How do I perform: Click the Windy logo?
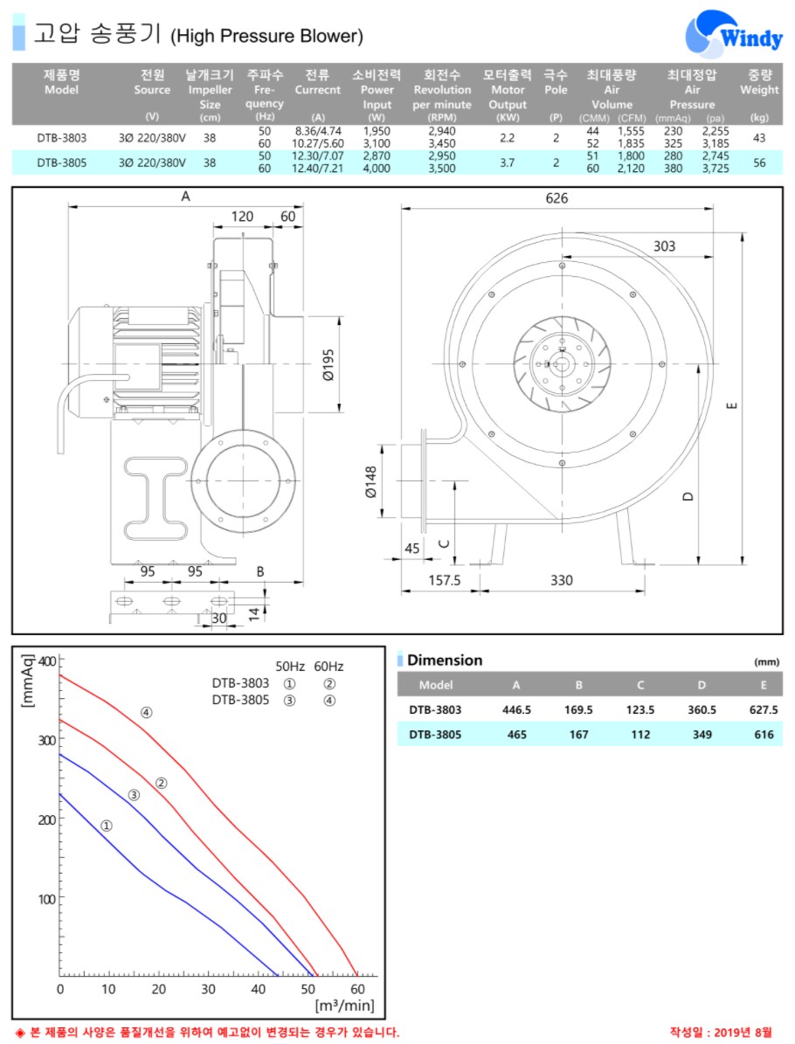(x=734, y=34)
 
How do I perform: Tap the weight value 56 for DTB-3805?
(x=759, y=162)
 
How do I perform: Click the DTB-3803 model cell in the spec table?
(x=62, y=138)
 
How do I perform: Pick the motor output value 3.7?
(x=508, y=162)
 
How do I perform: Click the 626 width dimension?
(x=556, y=197)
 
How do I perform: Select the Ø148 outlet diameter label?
(x=371, y=481)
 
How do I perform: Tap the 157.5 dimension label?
(x=444, y=580)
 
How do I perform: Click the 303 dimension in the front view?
(x=664, y=245)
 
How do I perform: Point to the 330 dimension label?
(x=561, y=580)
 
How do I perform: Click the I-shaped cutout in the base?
(x=156, y=497)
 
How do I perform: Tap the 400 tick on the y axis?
(x=47, y=661)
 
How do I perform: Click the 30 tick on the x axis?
(x=209, y=989)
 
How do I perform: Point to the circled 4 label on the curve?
(x=147, y=712)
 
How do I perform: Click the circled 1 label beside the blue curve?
(x=107, y=826)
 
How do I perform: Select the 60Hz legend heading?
(x=328, y=667)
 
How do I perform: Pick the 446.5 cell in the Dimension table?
(x=516, y=709)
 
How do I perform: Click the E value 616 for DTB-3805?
(x=764, y=735)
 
